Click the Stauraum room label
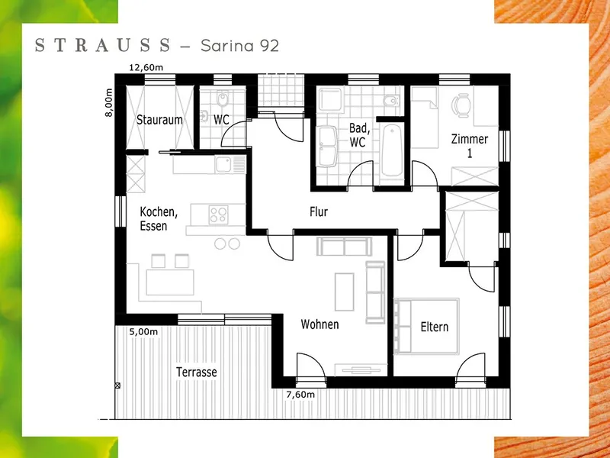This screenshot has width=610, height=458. tap(159, 120)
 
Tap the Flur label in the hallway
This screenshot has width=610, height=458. tap(319, 211)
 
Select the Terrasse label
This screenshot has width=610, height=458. tap(197, 372)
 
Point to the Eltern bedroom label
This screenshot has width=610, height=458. tap(435, 327)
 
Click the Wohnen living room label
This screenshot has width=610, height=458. tap(319, 324)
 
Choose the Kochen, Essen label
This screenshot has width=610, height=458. tap(159, 219)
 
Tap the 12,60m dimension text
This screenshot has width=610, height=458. tap(146, 68)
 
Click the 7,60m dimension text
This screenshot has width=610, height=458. tap(300, 395)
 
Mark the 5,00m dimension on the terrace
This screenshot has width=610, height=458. tap(143, 332)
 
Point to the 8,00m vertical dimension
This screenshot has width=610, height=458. tap(109, 102)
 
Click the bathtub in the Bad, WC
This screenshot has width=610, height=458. tap(392, 150)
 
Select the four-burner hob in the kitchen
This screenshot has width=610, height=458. tap(218, 215)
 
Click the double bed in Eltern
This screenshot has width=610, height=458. tap(426, 327)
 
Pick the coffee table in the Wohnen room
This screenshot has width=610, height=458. tap(345, 292)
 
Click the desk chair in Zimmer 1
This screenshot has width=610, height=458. tap(461, 105)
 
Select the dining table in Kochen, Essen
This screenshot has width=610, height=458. tap(170, 282)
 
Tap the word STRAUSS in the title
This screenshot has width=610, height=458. tap(103, 45)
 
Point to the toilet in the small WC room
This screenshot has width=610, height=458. tap(223, 101)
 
